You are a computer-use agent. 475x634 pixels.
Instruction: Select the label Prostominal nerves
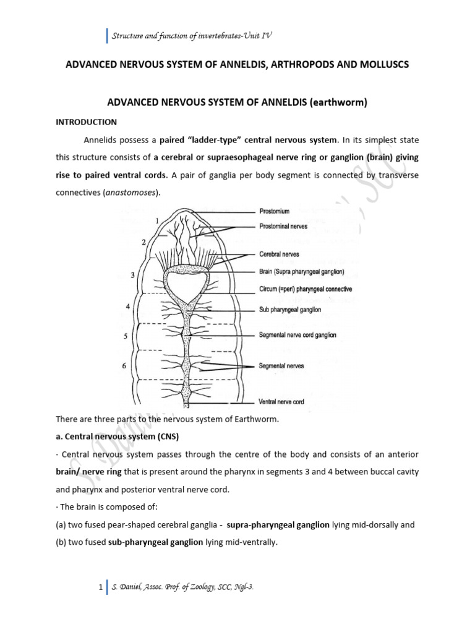coord(283,227)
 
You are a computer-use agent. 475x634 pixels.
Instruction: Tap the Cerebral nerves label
coord(278,255)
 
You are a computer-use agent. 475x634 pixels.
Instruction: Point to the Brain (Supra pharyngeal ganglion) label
coord(302,272)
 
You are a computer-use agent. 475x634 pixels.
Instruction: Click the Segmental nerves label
coord(281,366)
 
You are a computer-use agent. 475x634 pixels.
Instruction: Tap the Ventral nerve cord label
coord(281,402)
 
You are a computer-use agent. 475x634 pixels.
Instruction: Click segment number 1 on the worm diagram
coord(158,220)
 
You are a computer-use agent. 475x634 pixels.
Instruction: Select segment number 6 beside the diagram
coord(124,366)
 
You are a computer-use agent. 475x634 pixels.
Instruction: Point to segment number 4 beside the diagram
coord(128,306)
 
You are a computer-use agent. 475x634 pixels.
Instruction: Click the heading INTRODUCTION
coord(86,121)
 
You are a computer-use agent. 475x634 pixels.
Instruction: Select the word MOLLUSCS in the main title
coord(381,64)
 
